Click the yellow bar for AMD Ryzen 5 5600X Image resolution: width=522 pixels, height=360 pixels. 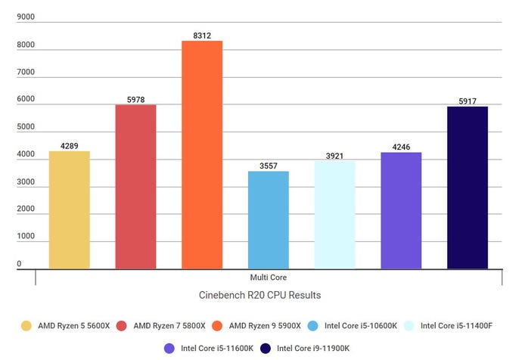click(69, 210)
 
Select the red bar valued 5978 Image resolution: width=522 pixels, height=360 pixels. click(135, 187)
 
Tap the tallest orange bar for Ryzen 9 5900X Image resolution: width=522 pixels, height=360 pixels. click(202, 155)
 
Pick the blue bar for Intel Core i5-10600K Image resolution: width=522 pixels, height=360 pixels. click(268, 220)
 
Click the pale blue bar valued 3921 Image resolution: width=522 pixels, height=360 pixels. click(334, 215)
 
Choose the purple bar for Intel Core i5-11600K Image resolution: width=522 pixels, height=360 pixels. click(401, 211)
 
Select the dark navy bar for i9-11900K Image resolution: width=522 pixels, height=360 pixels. click(468, 188)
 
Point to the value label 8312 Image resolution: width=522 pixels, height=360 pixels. click(202, 35)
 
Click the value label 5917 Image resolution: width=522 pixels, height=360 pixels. click(468, 101)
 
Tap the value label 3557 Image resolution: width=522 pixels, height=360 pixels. click(268, 166)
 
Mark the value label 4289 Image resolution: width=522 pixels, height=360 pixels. click(69, 146)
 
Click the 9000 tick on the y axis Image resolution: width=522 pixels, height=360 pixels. click(26, 17)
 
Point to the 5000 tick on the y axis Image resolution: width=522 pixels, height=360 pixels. click(26, 127)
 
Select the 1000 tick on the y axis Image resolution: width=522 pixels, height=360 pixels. click(26, 237)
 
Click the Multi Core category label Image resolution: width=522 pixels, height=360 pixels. click(269, 278)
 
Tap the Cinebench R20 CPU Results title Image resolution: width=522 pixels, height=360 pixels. click(269, 295)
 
